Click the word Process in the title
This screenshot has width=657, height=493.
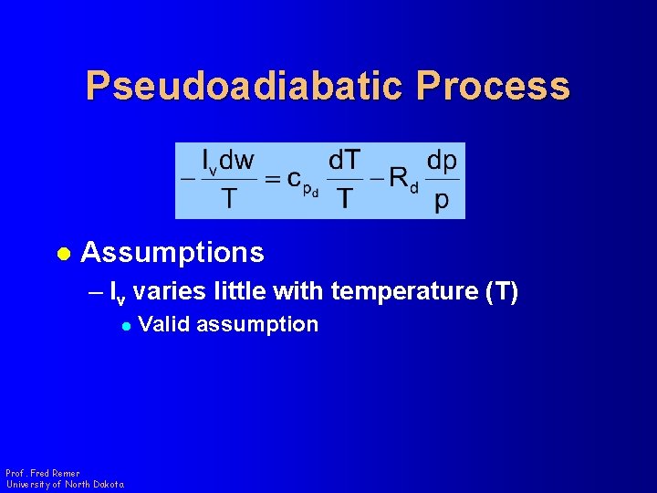(493, 87)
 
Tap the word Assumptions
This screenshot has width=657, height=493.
(172, 252)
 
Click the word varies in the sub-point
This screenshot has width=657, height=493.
(176, 292)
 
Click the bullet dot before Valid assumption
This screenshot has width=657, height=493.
(126, 325)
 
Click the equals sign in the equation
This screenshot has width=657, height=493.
(272, 180)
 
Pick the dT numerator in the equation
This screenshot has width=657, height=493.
(344, 162)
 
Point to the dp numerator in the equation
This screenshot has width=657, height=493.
(442, 162)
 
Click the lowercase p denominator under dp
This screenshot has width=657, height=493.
(442, 201)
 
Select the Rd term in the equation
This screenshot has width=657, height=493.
(401, 180)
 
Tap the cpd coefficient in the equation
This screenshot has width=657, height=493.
(300, 182)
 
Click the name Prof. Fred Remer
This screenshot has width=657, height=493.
(42, 473)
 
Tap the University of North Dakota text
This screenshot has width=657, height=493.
(64, 484)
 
